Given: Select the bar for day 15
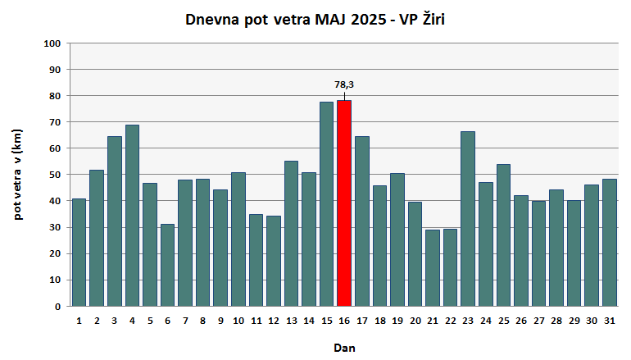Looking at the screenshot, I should (x=326, y=204).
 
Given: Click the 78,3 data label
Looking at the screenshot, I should (x=344, y=84).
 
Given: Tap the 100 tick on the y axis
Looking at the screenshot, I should (x=52, y=43).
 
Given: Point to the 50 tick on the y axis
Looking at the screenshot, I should (x=54, y=175).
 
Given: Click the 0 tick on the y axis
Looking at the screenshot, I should (x=57, y=306).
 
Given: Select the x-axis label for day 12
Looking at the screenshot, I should (x=274, y=321).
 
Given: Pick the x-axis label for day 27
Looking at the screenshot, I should (x=538, y=321).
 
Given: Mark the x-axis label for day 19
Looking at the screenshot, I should (x=397, y=321).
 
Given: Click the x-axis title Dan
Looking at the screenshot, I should (x=344, y=348).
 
